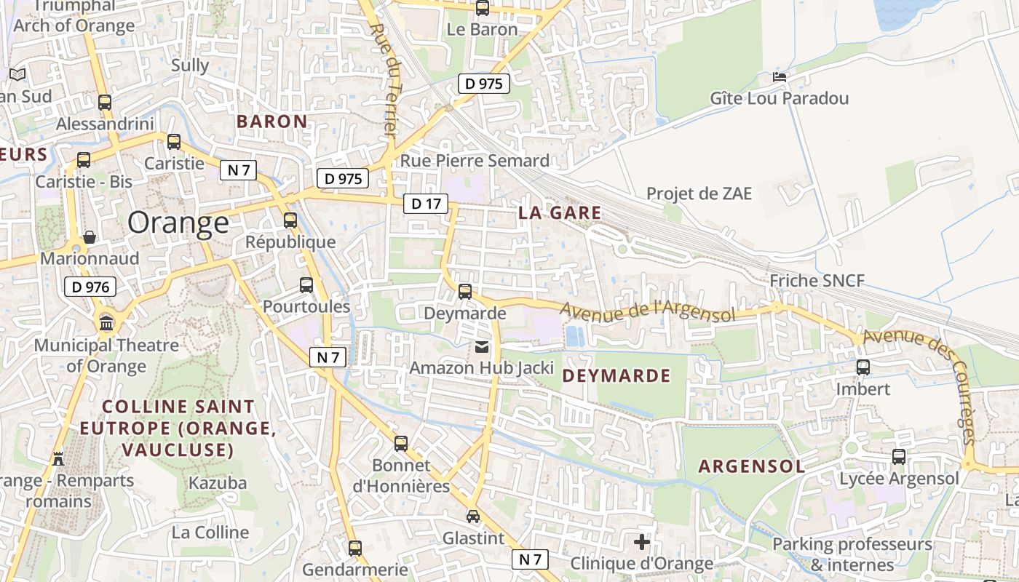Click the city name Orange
click(178, 223)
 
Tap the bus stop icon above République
click(290, 220)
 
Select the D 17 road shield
click(426, 204)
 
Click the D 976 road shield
click(91, 287)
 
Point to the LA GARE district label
click(560, 213)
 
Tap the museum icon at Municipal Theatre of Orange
click(106, 323)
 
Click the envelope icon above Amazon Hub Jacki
click(482, 347)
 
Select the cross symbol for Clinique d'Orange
click(641, 542)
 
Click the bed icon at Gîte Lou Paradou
click(780, 76)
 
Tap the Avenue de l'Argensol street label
click(648, 312)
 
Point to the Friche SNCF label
click(817, 281)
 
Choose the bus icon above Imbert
click(863, 367)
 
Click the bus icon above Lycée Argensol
click(899, 457)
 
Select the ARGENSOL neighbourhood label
click(752, 466)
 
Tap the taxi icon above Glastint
click(473, 517)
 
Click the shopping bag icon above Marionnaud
click(89, 237)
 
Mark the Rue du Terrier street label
click(383, 80)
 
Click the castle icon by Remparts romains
click(58, 458)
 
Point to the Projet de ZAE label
click(699, 194)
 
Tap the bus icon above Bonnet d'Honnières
click(400, 443)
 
